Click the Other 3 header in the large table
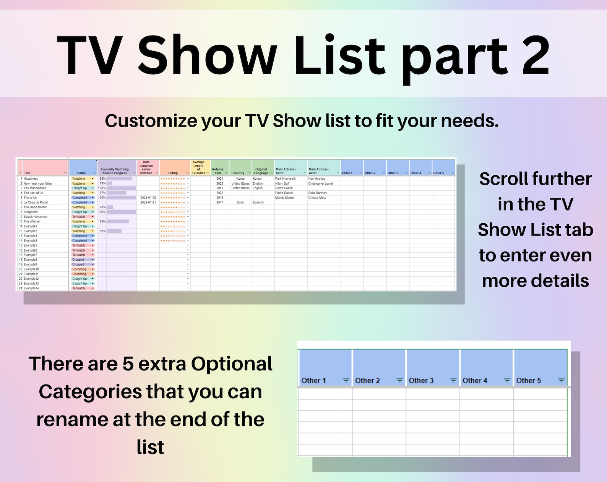pyautogui.click(x=421, y=380)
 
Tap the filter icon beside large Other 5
pyautogui.click(x=561, y=380)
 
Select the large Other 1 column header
pyautogui.click(x=313, y=380)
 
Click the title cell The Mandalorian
pyautogui.click(x=35, y=188)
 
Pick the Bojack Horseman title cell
pyautogui.click(x=36, y=217)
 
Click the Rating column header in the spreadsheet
pyautogui.click(x=173, y=173)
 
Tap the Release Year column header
pyautogui.click(x=218, y=171)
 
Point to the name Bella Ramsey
pyautogui.click(x=318, y=193)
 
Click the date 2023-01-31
pyautogui.click(x=148, y=203)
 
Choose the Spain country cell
pyautogui.click(x=240, y=203)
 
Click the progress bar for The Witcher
pyautogui.click(x=118, y=222)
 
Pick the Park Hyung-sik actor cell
pyautogui.click(x=286, y=179)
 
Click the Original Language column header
pyautogui.click(x=261, y=171)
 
